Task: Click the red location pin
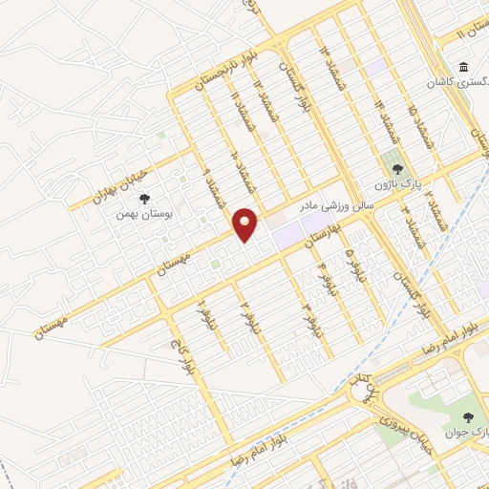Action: [x=246, y=223]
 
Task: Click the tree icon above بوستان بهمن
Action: [x=143, y=200]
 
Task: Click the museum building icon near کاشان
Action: [x=463, y=69]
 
